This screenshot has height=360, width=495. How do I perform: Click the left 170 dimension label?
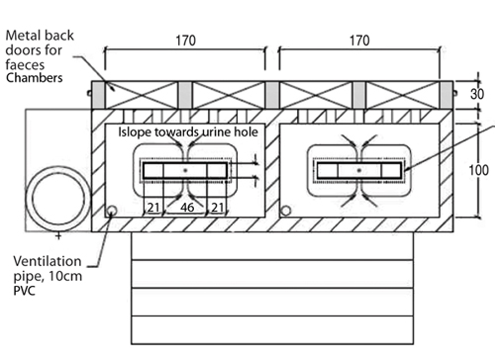coord(186,41)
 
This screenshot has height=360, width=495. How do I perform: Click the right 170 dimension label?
coord(359,41)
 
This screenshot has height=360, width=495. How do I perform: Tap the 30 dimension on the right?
coord(477,94)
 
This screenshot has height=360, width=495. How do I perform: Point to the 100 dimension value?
coord(478,170)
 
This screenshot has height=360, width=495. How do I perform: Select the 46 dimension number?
coord(187,208)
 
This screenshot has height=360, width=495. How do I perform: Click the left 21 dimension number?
coord(153,208)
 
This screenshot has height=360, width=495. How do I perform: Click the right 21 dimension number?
coord(218,208)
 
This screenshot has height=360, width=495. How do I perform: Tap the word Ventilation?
coord(48,261)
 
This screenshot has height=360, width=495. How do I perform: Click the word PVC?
coord(24,291)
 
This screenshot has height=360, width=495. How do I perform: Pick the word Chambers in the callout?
coord(34,78)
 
